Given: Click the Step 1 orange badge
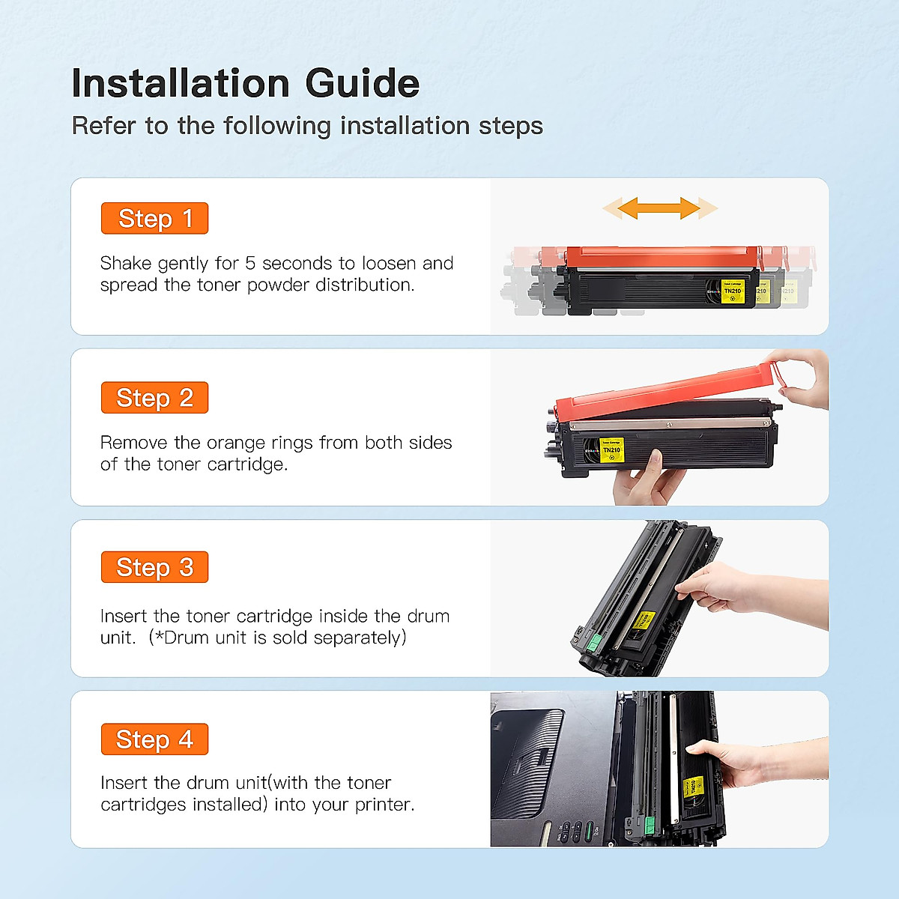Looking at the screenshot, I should (x=154, y=219).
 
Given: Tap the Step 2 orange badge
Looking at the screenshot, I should (x=154, y=398).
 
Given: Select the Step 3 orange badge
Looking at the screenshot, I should (x=154, y=567).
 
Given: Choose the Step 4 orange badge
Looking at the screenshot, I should (x=154, y=739).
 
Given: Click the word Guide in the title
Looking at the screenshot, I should (x=362, y=83).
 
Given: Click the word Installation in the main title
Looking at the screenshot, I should (x=181, y=83).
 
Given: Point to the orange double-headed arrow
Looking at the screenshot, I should (x=660, y=208).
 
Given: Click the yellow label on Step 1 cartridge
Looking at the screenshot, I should (x=732, y=291).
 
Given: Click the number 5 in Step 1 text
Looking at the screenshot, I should (x=250, y=264).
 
